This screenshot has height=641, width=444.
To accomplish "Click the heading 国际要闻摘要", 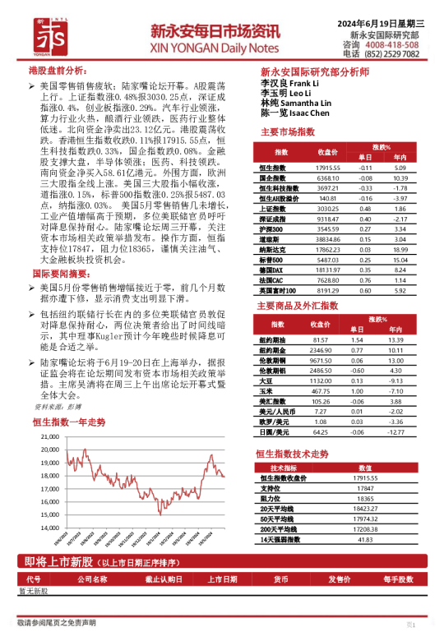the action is click(60, 272).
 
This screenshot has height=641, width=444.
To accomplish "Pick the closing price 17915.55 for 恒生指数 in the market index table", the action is click(327, 168).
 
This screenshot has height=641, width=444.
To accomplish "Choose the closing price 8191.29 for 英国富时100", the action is click(327, 290).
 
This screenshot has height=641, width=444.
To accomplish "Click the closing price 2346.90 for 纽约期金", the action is click(327, 350).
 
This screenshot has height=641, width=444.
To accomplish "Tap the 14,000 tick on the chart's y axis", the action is click(49, 528).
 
